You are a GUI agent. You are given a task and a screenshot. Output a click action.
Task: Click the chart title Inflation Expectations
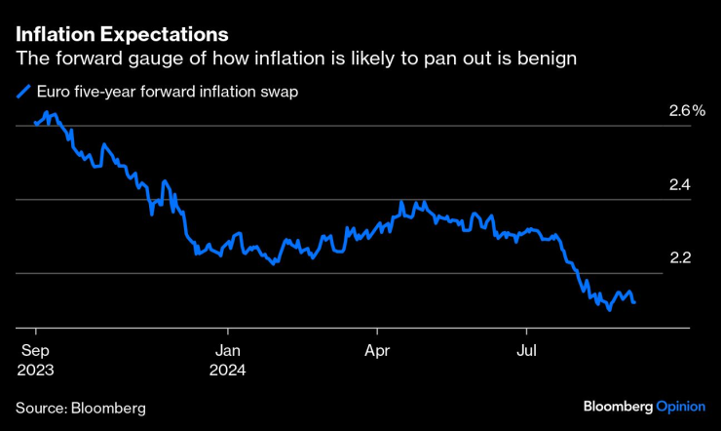click(x=122, y=34)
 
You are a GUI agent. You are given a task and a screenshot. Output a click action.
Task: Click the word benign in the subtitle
click(x=549, y=59)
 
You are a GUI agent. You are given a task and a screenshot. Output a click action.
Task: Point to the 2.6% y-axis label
click(x=686, y=111)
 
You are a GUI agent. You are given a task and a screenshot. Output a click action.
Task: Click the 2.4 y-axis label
click(x=679, y=185)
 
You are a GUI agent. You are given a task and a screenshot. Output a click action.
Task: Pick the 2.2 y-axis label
click(x=679, y=258)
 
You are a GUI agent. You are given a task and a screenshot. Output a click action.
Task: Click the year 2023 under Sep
click(x=35, y=370)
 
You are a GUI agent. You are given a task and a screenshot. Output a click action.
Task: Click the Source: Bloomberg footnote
click(x=80, y=407)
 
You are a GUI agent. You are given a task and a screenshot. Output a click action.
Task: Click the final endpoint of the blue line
click(x=635, y=302)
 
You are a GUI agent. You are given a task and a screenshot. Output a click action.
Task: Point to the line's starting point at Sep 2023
click(x=35, y=124)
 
